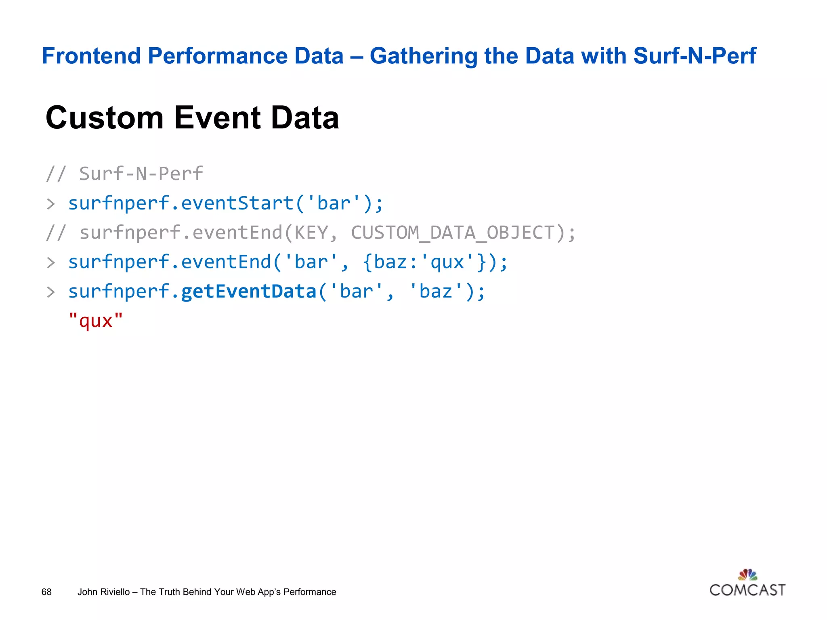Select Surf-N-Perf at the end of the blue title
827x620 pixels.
(694, 56)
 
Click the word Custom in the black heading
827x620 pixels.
(105, 117)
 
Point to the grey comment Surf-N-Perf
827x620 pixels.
(141, 174)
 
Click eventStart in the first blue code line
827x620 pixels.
(237, 203)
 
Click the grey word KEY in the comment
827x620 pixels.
(311, 232)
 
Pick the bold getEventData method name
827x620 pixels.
(248, 291)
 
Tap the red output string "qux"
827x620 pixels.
(96, 321)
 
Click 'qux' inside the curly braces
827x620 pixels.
(447, 262)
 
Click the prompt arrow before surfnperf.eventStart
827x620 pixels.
(50, 204)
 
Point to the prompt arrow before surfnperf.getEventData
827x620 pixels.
(50, 292)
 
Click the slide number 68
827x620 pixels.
(46, 592)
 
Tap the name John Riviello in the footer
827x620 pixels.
(103, 592)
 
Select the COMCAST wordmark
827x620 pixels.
(747, 590)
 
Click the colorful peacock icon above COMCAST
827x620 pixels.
(747, 574)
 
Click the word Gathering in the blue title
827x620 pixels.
(423, 56)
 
